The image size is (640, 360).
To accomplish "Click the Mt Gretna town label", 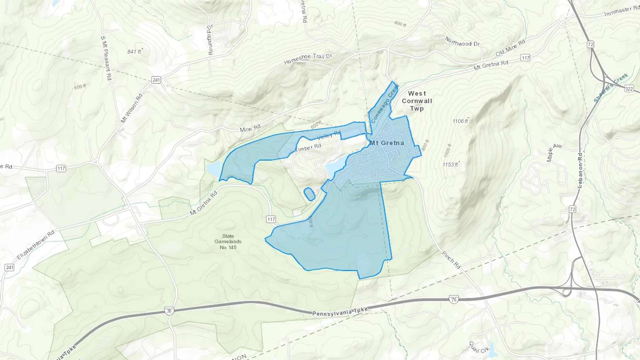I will tap(387, 143).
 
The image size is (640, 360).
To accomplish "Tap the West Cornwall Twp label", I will tap(417, 101).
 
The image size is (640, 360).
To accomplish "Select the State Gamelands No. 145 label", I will tap(228, 241).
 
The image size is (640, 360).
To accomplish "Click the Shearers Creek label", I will tap(610, 87).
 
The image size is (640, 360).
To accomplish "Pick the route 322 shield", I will tap(629, 88).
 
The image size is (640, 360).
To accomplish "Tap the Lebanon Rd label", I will tap(580, 170).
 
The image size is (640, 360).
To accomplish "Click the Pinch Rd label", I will tap(451, 260).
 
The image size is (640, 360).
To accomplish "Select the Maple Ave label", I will tap(554, 152).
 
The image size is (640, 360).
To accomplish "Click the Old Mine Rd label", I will tap(510, 48).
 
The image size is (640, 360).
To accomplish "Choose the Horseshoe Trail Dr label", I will tap(308, 59).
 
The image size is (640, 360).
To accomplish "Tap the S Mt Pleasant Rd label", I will tap(106, 58).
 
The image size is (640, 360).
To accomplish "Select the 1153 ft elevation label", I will tap(450, 165).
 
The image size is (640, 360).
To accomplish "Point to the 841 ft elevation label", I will tap(134, 52).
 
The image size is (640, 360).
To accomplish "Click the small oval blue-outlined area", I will tap(309, 194).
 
